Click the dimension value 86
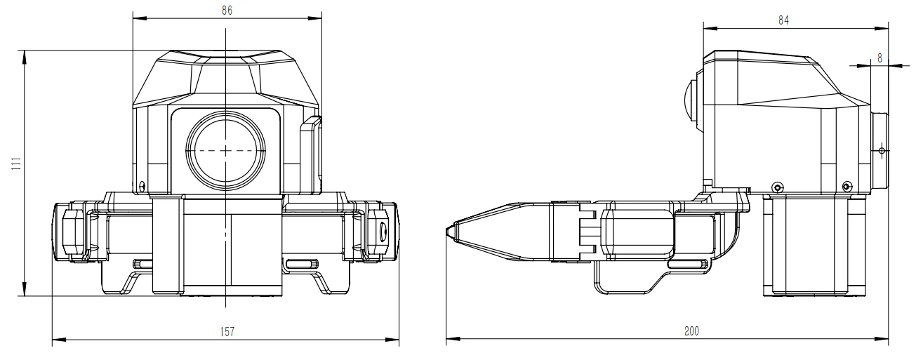pyautogui.click(x=227, y=11)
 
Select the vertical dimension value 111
pyautogui.click(x=16, y=164)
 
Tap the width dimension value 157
pyautogui.click(x=227, y=331)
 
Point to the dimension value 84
pyautogui.click(x=783, y=20)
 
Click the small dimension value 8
pyautogui.click(x=880, y=58)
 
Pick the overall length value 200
pyautogui.click(x=691, y=331)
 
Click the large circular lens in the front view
pyautogui.click(x=226, y=151)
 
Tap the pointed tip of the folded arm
pyautogui.click(x=446, y=232)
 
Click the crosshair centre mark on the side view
pyautogui.click(x=882, y=151)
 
